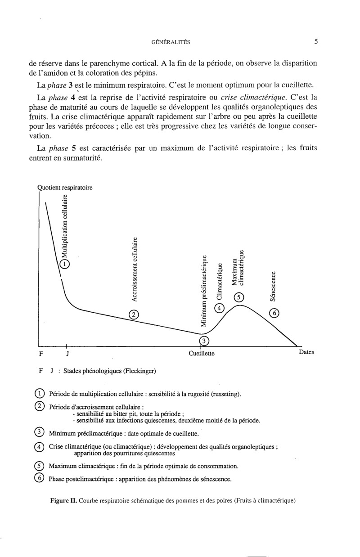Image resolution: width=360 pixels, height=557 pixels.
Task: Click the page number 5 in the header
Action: pyautogui.click(x=316, y=42)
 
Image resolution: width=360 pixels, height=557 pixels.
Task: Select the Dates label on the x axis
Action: pyautogui.click(x=306, y=352)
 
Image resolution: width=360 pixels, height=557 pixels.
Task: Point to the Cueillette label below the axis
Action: pyautogui.click(x=202, y=353)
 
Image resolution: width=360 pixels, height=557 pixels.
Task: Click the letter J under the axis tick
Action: pyautogui.click(x=67, y=354)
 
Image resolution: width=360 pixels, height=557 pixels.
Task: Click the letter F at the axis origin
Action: pyautogui.click(x=41, y=354)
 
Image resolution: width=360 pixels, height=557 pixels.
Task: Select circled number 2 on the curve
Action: pyautogui.click(x=133, y=314)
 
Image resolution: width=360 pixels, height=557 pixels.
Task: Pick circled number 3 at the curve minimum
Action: pyautogui.click(x=204, y=341)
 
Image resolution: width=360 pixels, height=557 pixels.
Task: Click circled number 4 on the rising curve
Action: pyautogui.click(x=219, y=308)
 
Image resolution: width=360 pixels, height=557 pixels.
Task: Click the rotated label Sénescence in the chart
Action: pyautogui.click(x=273, y=286)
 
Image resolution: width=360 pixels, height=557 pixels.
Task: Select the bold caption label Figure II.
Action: pyautogui.click(x=64, y=499)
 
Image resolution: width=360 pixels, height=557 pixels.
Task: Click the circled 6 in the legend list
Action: pyautogui.click(x=38, y=478)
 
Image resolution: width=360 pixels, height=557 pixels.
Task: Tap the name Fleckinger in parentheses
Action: pyautogui.click(x=140, y=371)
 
